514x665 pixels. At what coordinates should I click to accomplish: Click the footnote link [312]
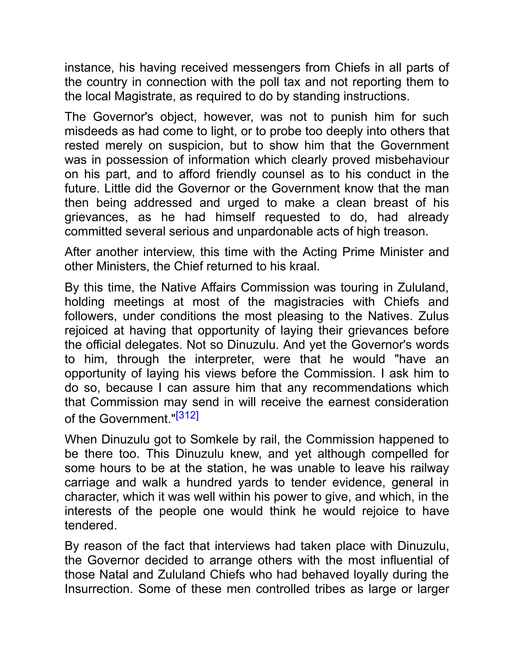[187, 416]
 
